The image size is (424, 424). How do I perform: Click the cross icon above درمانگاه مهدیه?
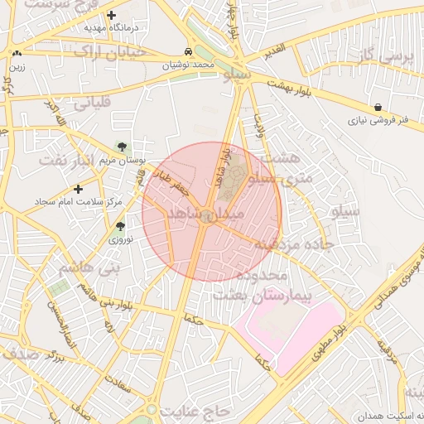(112, 14)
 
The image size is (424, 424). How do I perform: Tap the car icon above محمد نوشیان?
(190, 51)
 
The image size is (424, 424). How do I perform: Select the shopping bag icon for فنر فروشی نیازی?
(378, 108)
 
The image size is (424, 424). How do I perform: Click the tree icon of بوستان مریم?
(123, 147)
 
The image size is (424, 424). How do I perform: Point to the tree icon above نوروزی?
(121, 225)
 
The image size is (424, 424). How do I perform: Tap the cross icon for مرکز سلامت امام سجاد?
(79, 189)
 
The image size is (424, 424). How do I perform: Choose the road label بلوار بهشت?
(301, 88)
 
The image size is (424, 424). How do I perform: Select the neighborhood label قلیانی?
(92, 105)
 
